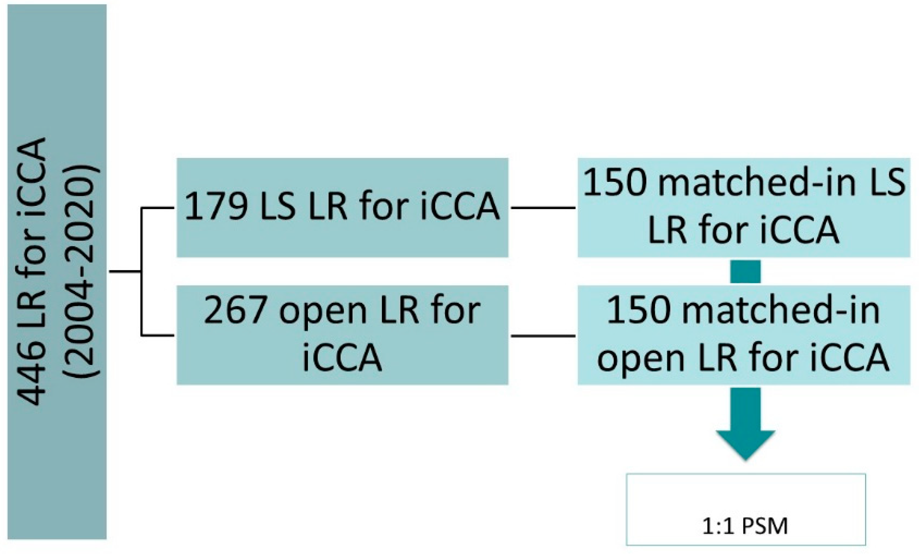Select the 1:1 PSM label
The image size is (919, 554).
[745, 526]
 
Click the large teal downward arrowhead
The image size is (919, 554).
[745, 444]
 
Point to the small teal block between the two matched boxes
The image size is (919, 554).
[745, 272]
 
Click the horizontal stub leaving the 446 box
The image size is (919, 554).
[125, 272]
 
